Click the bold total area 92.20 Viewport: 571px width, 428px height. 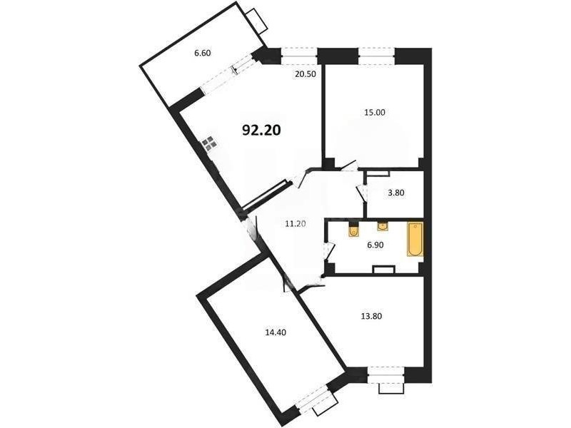tap(261, 130)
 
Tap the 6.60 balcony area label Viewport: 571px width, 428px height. tap(203, 53)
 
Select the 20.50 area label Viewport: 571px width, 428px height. tap(305, 74)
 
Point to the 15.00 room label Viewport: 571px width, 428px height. tap(374, 113)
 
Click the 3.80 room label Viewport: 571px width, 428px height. tap(396, 193)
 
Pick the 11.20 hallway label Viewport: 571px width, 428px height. tap(295, 224)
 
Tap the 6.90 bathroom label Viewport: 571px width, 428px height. tap(375, 245)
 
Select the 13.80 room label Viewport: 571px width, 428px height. tap(371, 316)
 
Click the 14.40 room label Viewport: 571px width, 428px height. tap(276, 332)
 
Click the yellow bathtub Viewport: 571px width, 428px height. tap(415, 240)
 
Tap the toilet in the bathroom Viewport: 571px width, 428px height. tap(353, 230)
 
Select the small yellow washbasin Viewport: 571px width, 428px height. tap(383, 226)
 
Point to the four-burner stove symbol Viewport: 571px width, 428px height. tap(210, 144)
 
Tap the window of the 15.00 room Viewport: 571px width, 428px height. tap(377, 56)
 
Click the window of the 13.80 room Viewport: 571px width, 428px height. tap(386, 375)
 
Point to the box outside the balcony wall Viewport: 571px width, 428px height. tap(256, 21)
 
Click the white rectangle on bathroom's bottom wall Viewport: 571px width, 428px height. tap(384, 270)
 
